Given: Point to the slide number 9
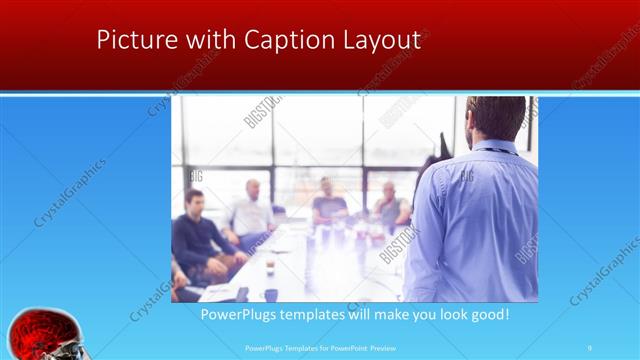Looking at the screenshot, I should [590, 347].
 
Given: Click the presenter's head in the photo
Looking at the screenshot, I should [496, 118].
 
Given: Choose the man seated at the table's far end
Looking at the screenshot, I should [327, 200].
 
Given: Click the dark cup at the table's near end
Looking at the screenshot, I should [270, 294].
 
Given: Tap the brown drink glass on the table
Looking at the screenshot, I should [270, 266].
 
